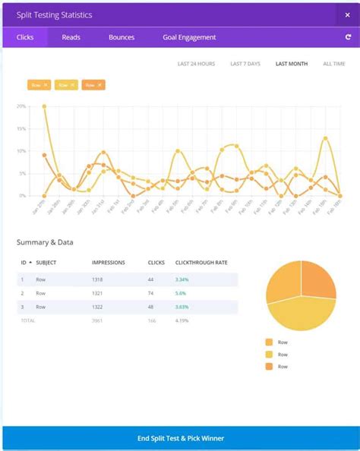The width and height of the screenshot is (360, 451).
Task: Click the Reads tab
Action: [71, 37]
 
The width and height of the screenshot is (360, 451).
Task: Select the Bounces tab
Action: [122, 37]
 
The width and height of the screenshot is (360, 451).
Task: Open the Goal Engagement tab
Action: [189, 37]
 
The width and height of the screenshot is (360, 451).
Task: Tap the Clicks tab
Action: [25, 37]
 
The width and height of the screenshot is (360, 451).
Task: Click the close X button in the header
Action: [348, 14]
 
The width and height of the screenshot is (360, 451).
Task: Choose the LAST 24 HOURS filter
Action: [195, 64]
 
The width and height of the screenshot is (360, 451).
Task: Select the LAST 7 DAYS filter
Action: [245, 64]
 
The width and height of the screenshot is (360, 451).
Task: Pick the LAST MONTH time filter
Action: [292, 64]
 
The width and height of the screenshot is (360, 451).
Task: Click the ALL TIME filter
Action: [333, 64]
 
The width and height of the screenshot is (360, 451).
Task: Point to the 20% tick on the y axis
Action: [21, 106]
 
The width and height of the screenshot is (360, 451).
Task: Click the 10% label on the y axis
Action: [21, 151]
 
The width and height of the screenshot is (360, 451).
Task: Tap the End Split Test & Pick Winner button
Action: [180, 438]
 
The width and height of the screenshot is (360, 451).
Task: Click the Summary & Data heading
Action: [45, 242]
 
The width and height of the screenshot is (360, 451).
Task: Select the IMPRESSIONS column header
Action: [109, 263]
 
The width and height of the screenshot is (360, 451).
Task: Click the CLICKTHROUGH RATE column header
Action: [201, 263]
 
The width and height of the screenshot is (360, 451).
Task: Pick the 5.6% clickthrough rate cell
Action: [180, 293]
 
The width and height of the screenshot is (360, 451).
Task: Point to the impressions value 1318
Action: [99, 279]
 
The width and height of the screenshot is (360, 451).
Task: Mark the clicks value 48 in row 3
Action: [152, 307]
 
